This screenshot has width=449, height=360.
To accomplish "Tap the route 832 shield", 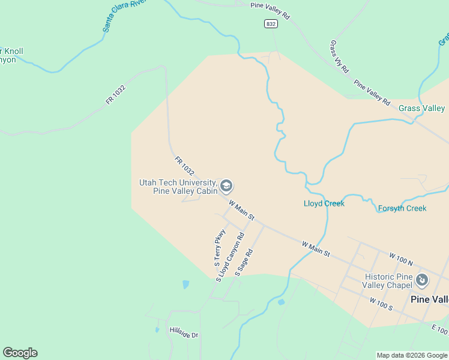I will [271, 23].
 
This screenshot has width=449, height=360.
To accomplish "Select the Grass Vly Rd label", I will [339, 56].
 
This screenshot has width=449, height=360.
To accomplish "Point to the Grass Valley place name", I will [421, 109].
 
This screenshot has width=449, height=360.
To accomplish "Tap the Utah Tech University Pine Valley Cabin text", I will [177, 187].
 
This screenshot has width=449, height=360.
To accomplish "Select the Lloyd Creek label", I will [324, 203].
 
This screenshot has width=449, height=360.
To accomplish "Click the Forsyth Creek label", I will [402, 208].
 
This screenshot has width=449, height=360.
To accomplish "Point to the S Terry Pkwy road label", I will [220, 247].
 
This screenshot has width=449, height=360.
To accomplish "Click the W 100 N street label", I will [402, 259].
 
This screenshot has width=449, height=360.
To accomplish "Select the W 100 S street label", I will [381, 304].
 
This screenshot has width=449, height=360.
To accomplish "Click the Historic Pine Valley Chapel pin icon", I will [422, 280].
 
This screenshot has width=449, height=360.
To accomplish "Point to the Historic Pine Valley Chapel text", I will [389, 281].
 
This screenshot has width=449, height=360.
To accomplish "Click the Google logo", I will [20, 353].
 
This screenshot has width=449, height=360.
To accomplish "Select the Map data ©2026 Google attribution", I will [412, 355].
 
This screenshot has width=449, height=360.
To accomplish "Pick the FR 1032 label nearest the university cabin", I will [185, 166].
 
